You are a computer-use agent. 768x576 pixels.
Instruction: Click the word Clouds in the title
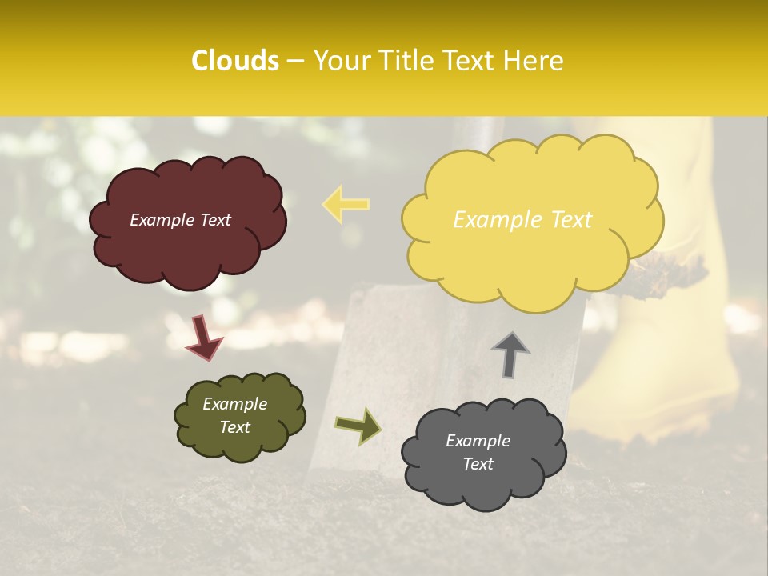pos(235,61)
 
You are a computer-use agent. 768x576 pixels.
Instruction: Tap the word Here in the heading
pos(534,61)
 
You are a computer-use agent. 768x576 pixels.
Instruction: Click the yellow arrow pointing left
pos(346,203)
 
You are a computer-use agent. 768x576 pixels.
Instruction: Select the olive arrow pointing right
pos(358,426)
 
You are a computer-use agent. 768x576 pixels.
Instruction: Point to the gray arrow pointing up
pos(510,355)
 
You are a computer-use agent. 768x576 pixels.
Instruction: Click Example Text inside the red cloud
pos(180,220)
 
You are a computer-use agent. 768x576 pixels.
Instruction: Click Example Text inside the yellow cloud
pos(522,220)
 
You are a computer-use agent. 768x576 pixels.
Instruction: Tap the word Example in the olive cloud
pos(234,404)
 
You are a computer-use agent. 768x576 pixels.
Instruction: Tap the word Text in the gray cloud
pos(478,464)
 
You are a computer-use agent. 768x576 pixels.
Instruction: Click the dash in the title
pos(294,62)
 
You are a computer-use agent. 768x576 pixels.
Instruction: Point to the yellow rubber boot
pos(664,376)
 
